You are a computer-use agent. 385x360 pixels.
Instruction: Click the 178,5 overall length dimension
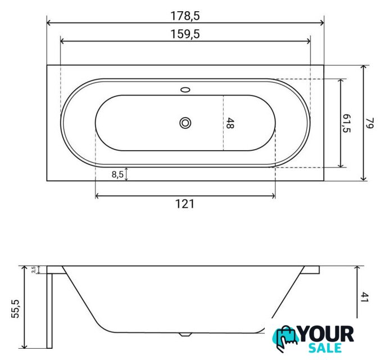(x=185, y=16)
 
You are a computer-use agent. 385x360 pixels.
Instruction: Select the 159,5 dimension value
(x=185, y=34)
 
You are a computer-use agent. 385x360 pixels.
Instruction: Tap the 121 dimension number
(x=185, y=204)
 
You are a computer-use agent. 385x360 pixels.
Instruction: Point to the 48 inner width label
(x=229, y=123)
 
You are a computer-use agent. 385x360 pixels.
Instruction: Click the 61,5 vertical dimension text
(x=346, y=123)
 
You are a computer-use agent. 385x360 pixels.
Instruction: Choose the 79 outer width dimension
(x=369, y=123)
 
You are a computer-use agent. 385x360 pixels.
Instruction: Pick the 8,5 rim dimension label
(x=117, y=174)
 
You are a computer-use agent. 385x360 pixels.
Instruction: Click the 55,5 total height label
(x=16, y=309)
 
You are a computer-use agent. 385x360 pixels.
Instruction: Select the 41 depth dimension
(x=365, y=297)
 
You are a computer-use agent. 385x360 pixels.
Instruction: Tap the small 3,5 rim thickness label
(x=34, y=269)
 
